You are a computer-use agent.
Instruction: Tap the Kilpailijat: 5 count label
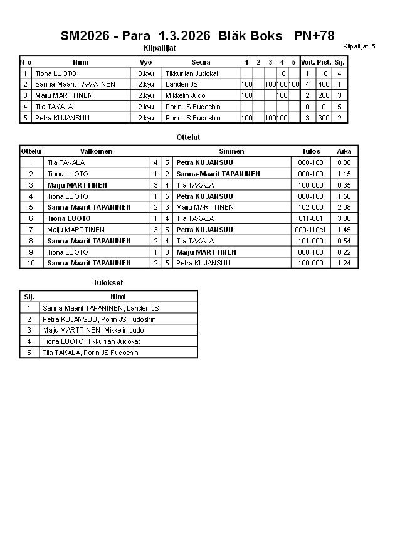coord(359,46)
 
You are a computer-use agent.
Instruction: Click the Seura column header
coord(201,62)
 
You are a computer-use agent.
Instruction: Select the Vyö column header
coord(145,62)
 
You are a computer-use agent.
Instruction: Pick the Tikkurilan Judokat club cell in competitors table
coord(192,73)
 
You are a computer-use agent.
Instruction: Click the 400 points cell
coord(324,84)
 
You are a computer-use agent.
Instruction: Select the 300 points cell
coord(324,118)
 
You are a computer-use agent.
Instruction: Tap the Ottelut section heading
coord(189,137)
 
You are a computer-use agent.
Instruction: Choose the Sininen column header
coord(231,151)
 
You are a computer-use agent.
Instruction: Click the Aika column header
coord(344,151)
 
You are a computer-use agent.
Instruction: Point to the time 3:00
coord(344,218)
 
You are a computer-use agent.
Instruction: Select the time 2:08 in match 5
coord(344,207)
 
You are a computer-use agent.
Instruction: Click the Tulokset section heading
coord(108,283)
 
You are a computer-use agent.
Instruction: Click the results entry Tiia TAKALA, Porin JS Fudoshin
coord(90,353)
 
